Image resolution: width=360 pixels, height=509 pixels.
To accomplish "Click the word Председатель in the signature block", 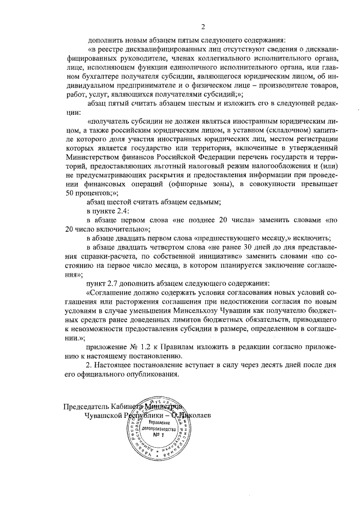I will click(88, 407).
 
